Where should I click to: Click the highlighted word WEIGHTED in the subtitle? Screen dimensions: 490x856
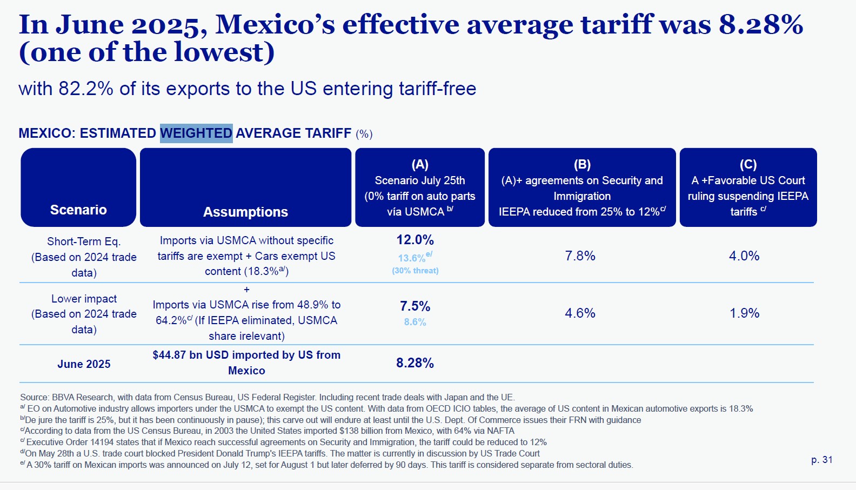pos(196,133)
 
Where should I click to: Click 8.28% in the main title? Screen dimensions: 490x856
pos(761,25)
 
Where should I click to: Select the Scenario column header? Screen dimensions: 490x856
pos(78,210)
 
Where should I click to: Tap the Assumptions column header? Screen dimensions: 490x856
pos(245,212)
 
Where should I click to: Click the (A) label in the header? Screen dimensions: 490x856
pos(420,164)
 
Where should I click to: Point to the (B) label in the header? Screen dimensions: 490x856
pos(582,164)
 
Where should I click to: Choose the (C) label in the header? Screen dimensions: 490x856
pos(748,164)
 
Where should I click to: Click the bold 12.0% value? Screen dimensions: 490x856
pos(415,240)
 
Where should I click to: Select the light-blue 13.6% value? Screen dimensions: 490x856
pos(412,258)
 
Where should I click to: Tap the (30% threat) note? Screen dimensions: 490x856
pos(415,271)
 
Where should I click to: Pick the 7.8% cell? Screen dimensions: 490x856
pos(580,256)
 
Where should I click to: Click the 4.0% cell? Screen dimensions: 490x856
pos(744,256)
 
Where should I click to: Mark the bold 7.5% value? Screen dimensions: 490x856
pos(415,306)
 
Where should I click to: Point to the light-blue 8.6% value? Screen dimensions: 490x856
pos(415,322)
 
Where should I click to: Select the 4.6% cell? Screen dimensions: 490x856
pos(580,313)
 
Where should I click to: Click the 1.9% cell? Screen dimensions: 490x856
pos(745,313)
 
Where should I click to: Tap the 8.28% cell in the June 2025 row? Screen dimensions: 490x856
pos(415,363)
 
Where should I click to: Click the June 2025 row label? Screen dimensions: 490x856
pos(84,364)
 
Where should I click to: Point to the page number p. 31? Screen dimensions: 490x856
pos(822,460)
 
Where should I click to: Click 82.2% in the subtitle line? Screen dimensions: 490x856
pos(86,89)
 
